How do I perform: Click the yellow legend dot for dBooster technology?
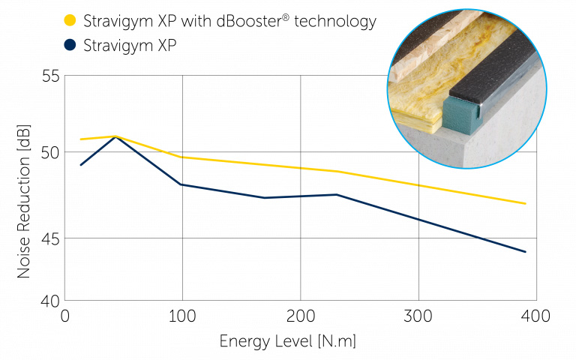coord(70,21)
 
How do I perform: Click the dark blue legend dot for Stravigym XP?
coord(70,45)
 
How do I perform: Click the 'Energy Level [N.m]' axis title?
coord(288,342)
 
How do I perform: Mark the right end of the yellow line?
coord(525,203)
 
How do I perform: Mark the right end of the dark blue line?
coord(525,252)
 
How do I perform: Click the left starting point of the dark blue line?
coord(81,164)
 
